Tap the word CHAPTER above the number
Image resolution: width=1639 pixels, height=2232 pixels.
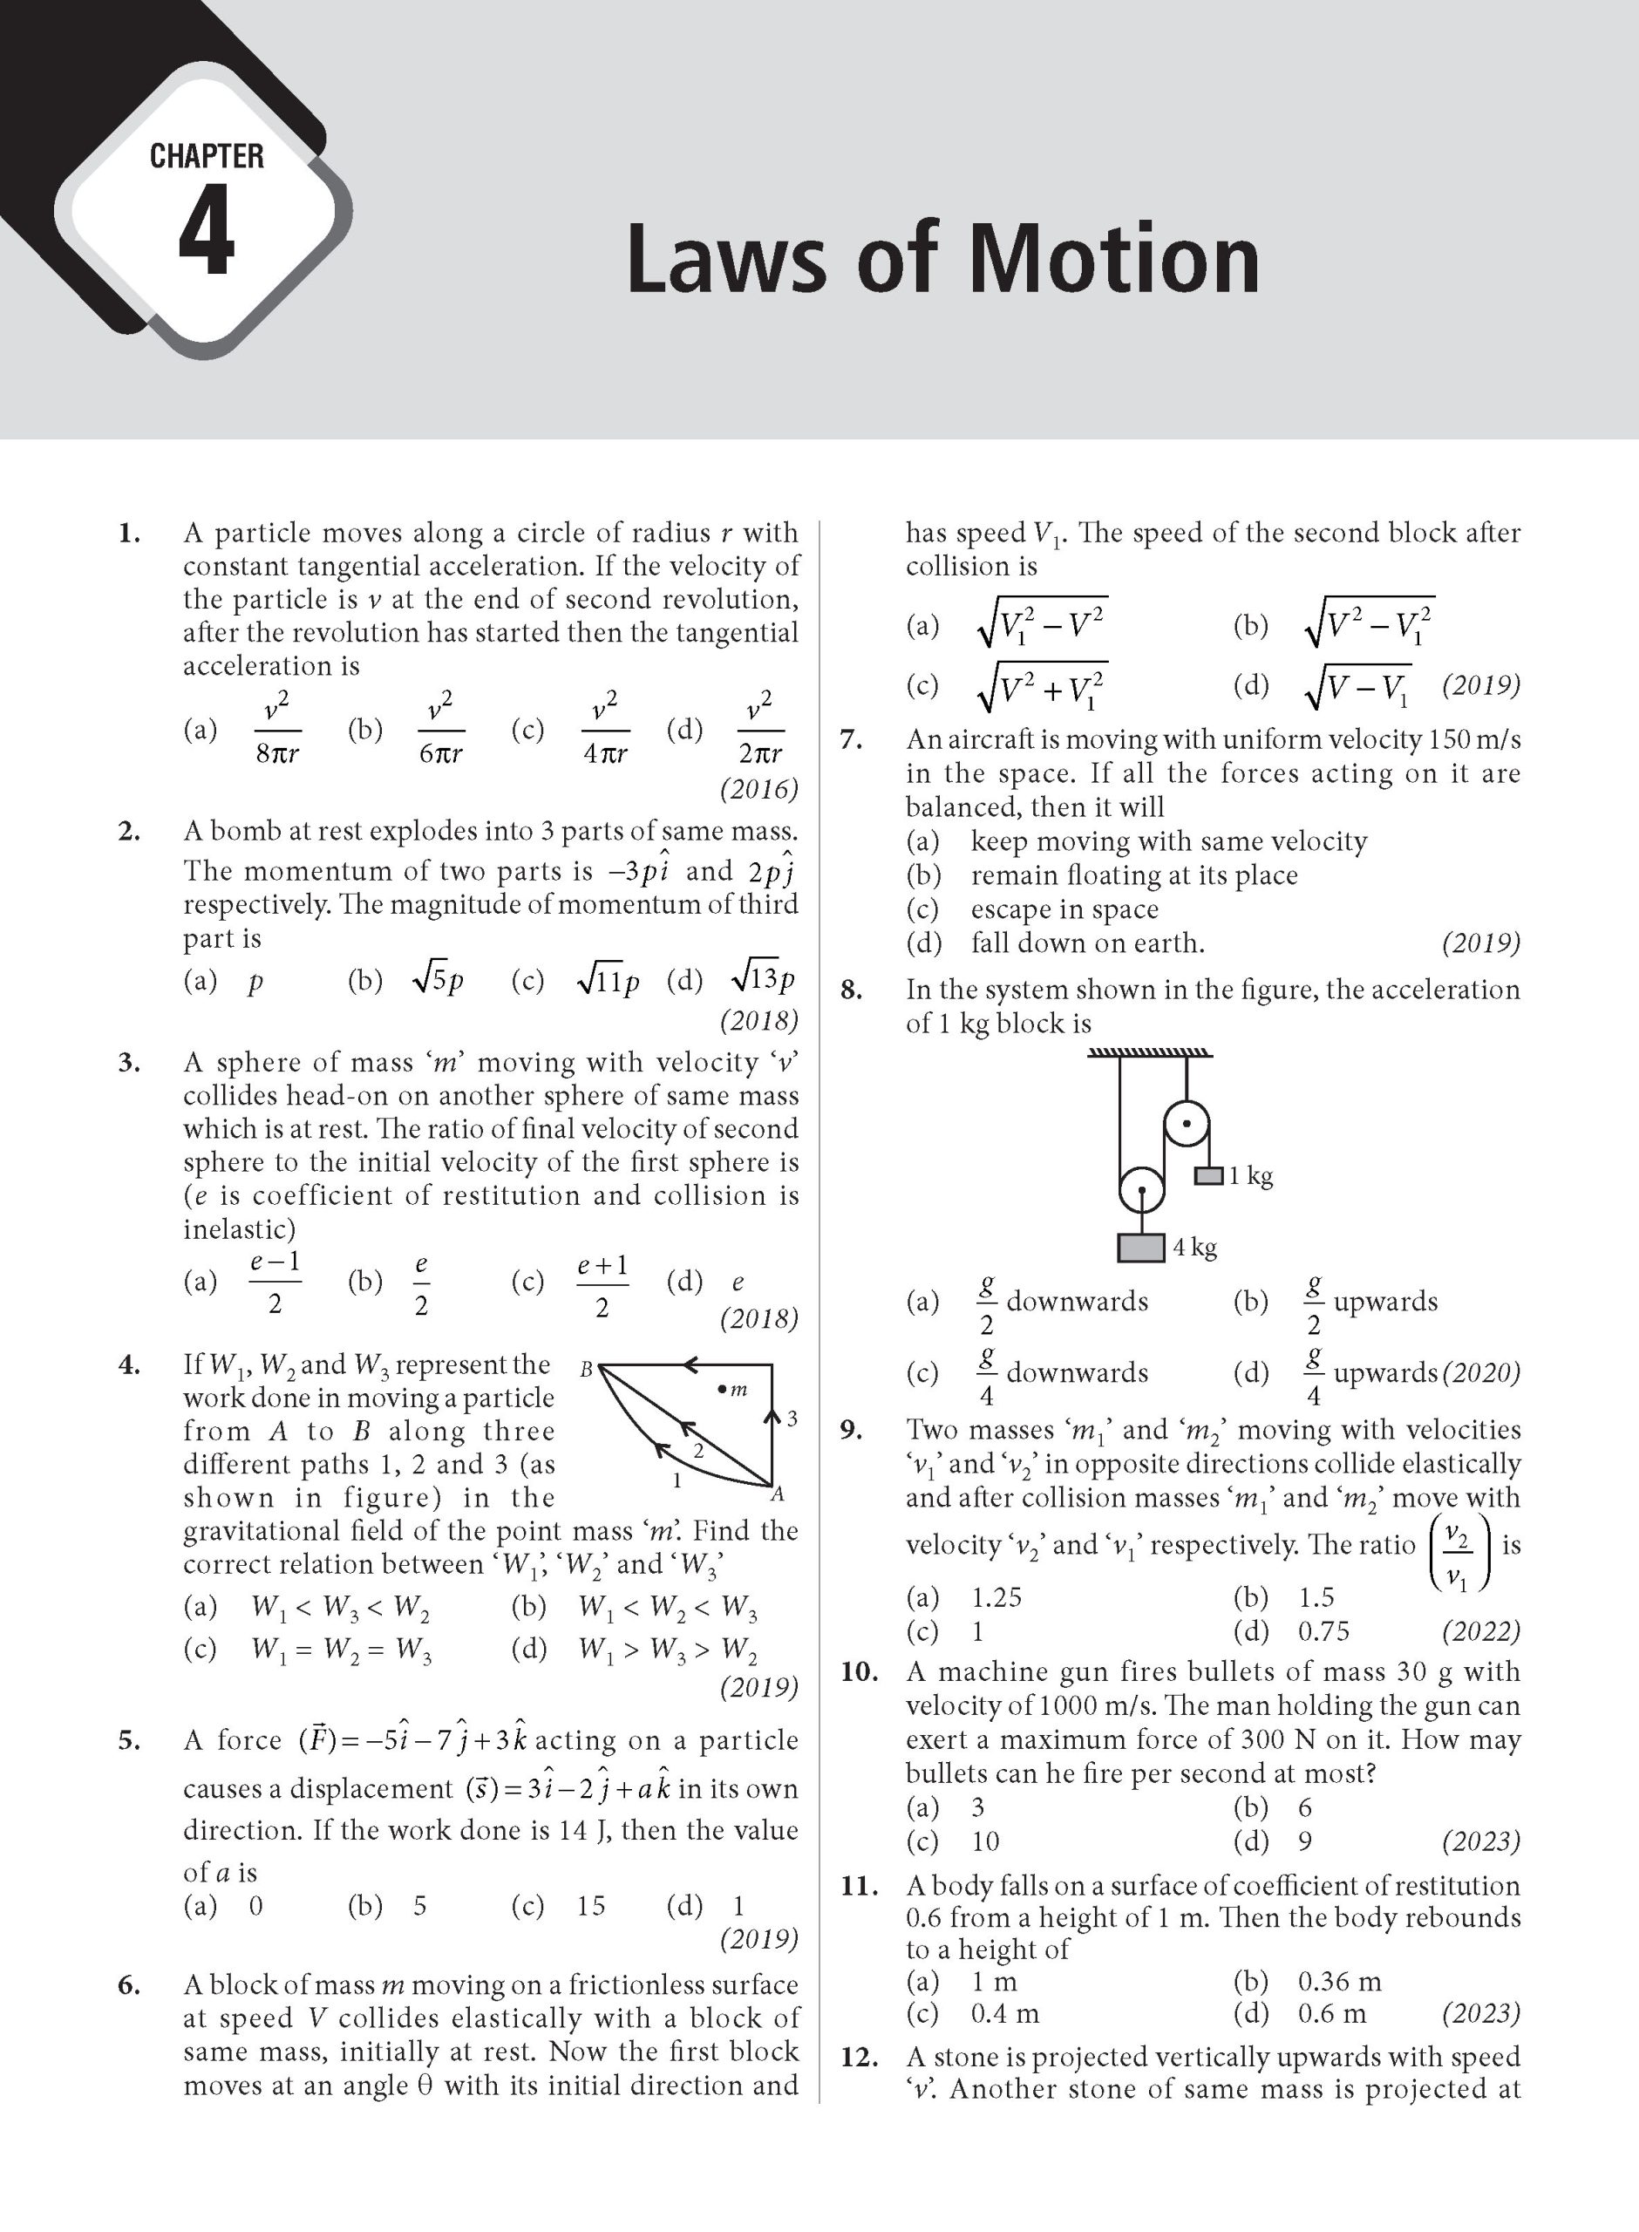click(207, 156)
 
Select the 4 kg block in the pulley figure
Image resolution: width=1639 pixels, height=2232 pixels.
click(1141, 1247)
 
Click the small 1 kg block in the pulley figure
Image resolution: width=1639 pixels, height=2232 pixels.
click(1207, 1175)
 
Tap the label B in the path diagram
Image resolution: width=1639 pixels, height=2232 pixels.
click(585, 1370)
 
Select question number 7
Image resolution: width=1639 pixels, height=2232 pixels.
click(851, 740)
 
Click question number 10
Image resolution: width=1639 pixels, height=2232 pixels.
click(860, 1671)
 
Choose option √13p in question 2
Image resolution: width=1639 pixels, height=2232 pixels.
click(762, 980)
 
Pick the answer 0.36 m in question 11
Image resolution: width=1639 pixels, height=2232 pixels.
click(1338, 1981)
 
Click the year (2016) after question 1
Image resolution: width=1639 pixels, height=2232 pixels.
click(759, 790)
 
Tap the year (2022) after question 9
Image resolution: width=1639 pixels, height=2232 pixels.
click(1480, 1631)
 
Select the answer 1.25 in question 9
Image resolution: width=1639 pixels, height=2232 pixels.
click(996, 1597)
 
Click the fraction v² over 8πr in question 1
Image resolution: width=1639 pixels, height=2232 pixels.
click(277, 730)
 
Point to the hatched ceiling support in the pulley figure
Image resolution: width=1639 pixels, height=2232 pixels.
click(1150, 1052)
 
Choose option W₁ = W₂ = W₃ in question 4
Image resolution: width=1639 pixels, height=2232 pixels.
click(341, 1649)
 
